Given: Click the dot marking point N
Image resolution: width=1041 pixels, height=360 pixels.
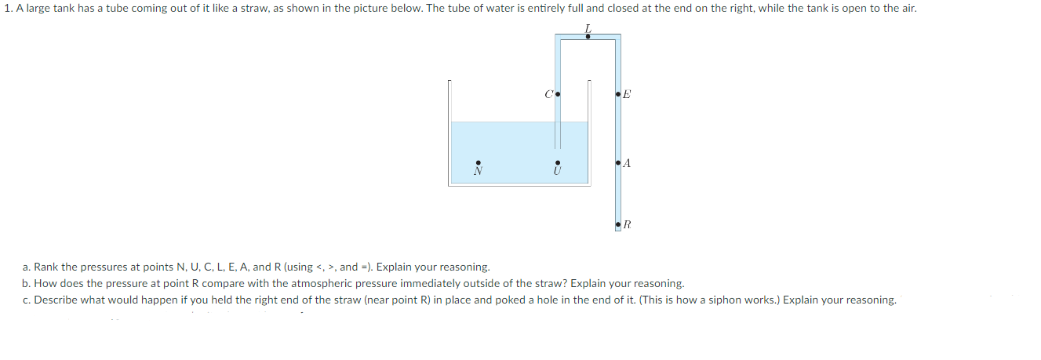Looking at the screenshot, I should click(x=477, y=162).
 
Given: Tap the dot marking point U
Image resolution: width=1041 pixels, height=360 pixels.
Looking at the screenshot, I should click(x=557, y=162).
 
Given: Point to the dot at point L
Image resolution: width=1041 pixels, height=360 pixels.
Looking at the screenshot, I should click(x=588, y=36).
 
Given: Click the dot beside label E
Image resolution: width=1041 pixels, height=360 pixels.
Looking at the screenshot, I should click(x=619, y=96).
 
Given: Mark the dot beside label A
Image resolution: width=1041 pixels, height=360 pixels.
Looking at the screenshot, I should click(x=619, y=163).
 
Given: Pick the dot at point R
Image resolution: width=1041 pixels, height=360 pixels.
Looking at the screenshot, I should click(x=619, y=226).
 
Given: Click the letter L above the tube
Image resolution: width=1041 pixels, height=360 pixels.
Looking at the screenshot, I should click(x=588, y=29).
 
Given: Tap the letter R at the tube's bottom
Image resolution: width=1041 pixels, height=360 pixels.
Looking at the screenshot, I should click(x=628, y=226).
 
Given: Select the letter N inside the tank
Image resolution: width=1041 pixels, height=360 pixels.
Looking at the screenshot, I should click(x=477, y=170).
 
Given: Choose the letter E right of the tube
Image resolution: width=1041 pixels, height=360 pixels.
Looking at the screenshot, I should click(x=627, y=96).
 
